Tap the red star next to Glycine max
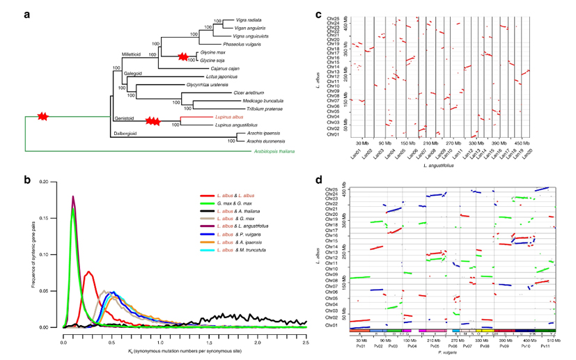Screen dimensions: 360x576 (184, 56)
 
